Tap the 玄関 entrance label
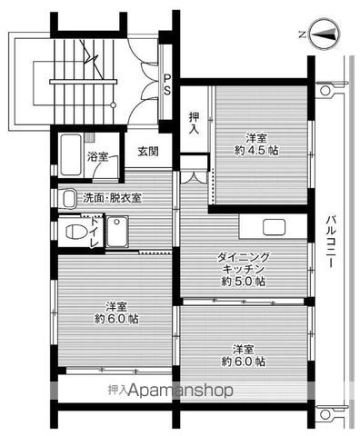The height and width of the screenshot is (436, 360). pos(148,152)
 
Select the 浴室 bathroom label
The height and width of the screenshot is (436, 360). pos(97,157)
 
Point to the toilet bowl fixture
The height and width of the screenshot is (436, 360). pos(72,230)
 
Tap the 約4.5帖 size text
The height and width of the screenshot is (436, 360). pos(256,150)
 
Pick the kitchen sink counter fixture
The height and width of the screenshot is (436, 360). pos(273,227)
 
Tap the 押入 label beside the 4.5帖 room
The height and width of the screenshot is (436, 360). pos(195,123)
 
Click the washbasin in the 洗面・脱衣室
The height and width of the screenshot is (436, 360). pos(69,197)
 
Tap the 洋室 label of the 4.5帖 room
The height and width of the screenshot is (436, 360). pos(256,137)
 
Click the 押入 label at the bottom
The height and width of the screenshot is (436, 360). pos(117,390)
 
